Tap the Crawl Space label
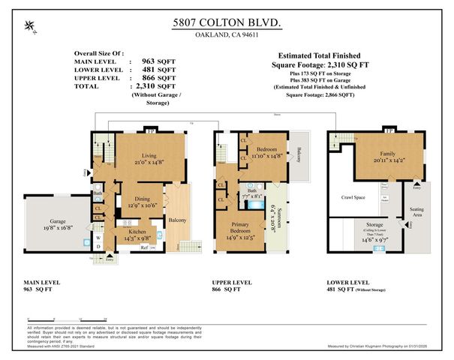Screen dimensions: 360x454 (x=352, y=198)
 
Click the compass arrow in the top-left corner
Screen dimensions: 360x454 (x=29, y=27)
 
